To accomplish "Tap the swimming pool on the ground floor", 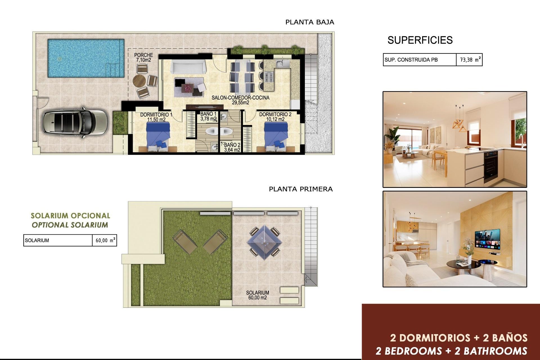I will click(x=86, y=58).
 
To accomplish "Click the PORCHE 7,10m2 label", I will click(x=143, y=57).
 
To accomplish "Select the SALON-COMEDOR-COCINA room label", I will click(x=240, y=100).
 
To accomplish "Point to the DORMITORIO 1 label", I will click(x=156, y=117).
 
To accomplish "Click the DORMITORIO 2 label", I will click(x=275, y=117).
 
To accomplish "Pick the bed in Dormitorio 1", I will click(x=158, y=137).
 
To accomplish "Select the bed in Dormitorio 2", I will click(x=276, y=137).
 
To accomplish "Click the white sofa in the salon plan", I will click(x=188, y=67).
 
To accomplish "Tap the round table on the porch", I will click(x=139, y=81).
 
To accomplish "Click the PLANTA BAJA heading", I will click(x=310, y=22).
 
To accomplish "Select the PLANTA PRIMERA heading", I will click(x=301, y=189).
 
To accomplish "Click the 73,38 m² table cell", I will click(x=469, y=60).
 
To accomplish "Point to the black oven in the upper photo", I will click(x=491, y=166).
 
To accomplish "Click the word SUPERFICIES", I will click(x=420, y=40).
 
